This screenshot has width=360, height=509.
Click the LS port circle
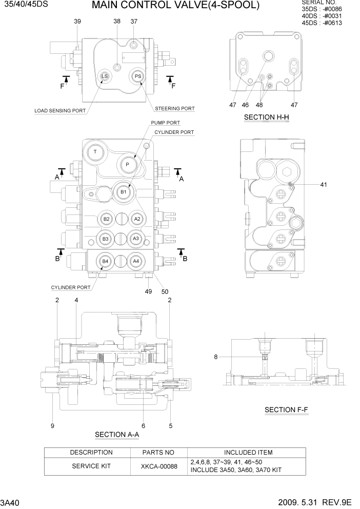point(104,76)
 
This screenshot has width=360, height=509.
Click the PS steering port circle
point(137,76)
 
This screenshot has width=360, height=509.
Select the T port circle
point(95,152)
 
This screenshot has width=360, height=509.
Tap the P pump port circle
point(127,165)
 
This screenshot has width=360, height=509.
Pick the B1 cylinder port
point(123,191)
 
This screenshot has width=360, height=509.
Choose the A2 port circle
point(136,219)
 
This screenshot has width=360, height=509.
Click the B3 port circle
point(105,239)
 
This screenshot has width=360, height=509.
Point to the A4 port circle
point(136,261)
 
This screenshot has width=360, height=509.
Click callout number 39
point(77,21)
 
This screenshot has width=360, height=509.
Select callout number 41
point(323,184)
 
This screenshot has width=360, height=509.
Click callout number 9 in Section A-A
point(52,425)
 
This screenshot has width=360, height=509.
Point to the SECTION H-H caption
point(266,118)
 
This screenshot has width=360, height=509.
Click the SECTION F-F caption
point(286,410)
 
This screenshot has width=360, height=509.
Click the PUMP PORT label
point(165,123)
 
